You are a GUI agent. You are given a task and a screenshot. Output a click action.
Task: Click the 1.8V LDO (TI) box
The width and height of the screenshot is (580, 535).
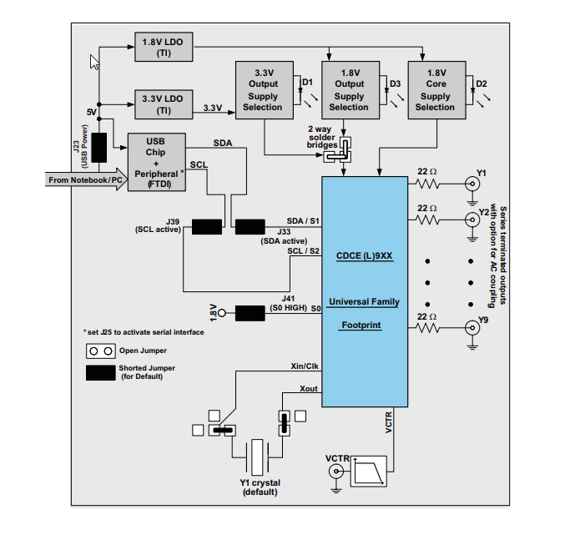(163, 47)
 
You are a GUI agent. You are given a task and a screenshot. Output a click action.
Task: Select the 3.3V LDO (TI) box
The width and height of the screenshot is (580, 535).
(163, 103)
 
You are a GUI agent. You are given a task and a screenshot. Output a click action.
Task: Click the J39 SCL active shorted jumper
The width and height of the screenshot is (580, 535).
(206, 227)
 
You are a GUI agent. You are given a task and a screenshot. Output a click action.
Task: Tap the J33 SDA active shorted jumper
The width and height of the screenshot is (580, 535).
(250, 227)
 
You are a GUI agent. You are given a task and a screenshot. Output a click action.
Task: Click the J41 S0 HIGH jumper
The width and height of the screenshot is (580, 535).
(250, 313)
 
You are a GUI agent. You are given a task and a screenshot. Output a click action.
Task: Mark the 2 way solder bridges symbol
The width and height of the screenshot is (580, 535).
(339, 149)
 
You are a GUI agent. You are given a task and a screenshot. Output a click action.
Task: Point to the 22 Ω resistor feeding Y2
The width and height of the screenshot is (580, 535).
(427, 220)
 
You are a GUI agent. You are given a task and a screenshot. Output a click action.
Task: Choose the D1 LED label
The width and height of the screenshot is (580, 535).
(306, 83)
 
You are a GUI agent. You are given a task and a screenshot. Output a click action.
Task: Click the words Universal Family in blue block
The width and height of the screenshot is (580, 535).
(364, 301)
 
